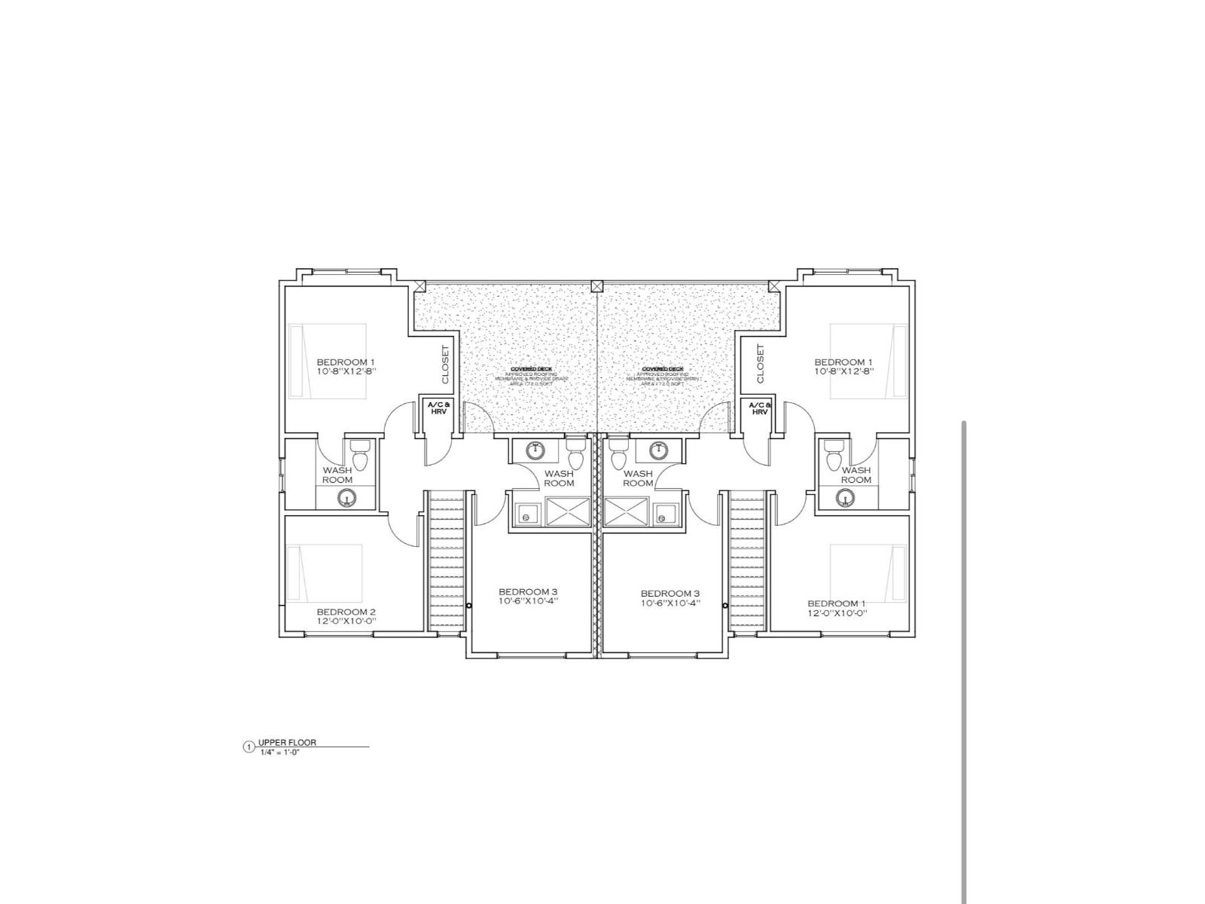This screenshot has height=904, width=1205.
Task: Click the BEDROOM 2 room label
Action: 346,611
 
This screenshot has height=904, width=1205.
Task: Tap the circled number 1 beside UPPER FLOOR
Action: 249,747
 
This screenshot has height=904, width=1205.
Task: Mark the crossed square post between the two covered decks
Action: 597,286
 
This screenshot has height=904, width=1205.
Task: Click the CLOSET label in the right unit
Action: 760,364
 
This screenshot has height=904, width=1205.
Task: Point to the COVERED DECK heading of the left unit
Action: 531,369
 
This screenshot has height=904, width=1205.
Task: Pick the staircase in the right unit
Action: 746,561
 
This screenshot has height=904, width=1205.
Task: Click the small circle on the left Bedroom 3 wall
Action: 469,605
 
